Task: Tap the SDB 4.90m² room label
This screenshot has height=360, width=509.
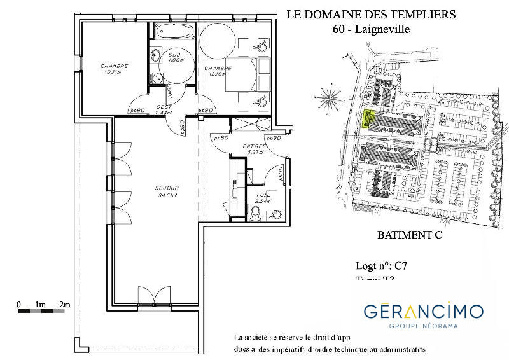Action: click(x=174, y=59)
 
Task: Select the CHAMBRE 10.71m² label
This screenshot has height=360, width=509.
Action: click(x=115, y=69)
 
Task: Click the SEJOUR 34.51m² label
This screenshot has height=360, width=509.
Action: click(x=167, y=191)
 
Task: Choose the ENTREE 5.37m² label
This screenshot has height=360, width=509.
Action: click(x=254, y=149)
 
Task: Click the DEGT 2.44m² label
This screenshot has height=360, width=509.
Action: click(x=165, y=109)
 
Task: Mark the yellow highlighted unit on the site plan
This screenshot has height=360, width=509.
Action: click(x=366, y=119)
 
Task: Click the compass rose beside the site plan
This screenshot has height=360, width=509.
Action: click(x=330, y=97)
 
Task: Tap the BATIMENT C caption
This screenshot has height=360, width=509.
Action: click(x=409, y=235)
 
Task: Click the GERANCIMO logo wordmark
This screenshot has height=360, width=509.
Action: click(x=423, y=311)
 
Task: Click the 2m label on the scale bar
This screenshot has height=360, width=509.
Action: click(x=64, y=305)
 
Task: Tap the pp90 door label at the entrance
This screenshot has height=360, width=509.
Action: click(x=273, y=137)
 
